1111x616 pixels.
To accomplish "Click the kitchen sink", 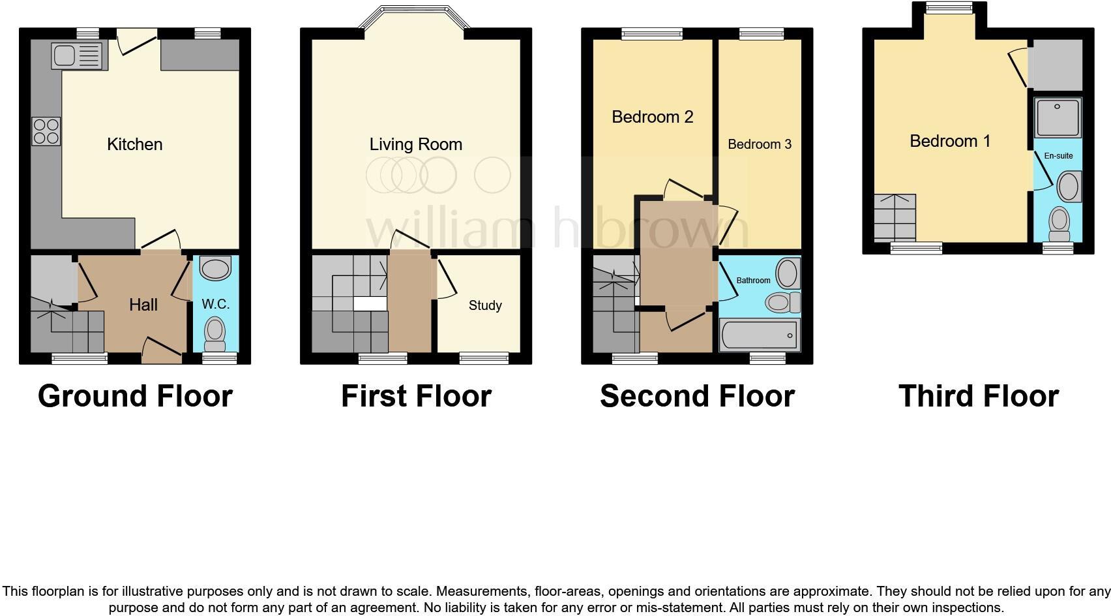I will (x=78, y=56).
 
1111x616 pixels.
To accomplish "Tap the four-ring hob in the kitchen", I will (x=46, y=131).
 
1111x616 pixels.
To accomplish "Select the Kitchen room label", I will (x=134, y=144).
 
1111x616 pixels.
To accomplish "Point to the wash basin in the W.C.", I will (x=215, y=268).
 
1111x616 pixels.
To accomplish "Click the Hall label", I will (x=143, y=305).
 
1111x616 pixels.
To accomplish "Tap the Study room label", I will (x=485, y=305).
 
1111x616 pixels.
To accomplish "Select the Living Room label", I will (x=416, y=144).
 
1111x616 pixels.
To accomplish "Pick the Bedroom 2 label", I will (x=652, y=117).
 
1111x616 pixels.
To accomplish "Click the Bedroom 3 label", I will (x=760, y=144).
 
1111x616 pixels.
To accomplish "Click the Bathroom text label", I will (x=753, y=281).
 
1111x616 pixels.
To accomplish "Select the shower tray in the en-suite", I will (x=1057, y=117).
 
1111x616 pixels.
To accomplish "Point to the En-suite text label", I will (x=1058, y=156).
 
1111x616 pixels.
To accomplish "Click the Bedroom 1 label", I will (x=950, y=141).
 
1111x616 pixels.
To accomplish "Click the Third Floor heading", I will (x=978, y=396).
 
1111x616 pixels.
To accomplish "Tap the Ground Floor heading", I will (x=135, y=396).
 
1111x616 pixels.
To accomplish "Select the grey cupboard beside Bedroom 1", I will (x=1056, y=65).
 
